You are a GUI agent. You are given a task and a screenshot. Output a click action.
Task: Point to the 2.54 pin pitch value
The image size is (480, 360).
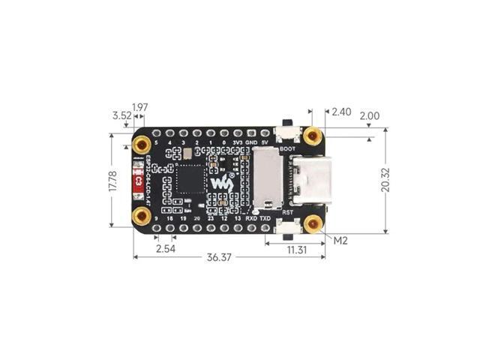coord(165,248)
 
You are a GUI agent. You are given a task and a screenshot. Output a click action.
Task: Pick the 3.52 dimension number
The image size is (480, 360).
coord(121,116)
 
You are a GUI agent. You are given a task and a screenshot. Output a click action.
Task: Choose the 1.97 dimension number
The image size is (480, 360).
coord(140,106)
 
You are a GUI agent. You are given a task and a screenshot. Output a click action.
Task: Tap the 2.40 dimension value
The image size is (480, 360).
coord(341,112)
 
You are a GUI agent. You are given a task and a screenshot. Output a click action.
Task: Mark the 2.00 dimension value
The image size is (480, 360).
coord(370,117)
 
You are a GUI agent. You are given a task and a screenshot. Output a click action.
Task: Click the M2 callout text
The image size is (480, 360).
coord(340,241)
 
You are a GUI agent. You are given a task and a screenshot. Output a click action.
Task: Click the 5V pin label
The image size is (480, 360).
coord(264,142)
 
